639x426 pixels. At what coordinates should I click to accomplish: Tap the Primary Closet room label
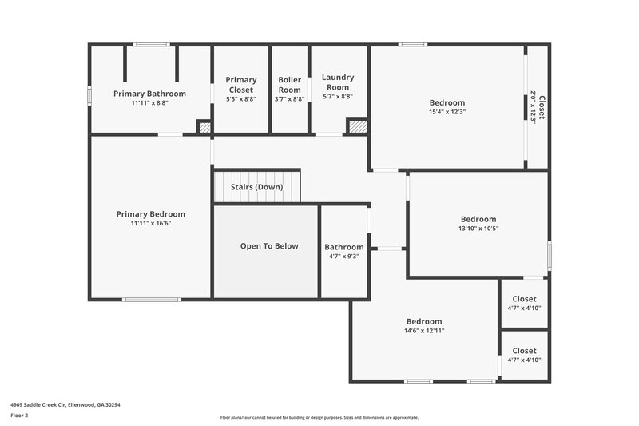point(241,84)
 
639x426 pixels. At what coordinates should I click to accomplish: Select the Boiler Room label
point(289,84)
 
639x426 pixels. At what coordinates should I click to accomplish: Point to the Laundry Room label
point(338,82)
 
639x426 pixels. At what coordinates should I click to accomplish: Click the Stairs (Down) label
point(256,187)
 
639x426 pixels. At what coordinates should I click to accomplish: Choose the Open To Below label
point(269,246)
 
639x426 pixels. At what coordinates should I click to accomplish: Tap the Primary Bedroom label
point(151,214)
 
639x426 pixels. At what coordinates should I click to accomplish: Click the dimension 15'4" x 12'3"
point(447,112)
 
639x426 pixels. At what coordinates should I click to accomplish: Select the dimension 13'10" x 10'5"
point(478,229)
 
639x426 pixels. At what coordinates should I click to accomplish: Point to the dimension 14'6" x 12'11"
point(424,331)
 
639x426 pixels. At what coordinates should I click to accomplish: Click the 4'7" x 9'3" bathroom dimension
point(344,257)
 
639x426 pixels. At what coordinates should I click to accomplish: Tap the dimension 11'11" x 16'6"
point(151,224)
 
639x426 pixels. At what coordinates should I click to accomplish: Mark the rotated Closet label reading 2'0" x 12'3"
point(538,107)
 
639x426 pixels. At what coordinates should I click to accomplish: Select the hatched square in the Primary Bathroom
point(204,126)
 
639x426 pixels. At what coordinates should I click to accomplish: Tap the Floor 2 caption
point(20,416)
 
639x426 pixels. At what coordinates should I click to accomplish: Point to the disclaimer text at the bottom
point(319,417)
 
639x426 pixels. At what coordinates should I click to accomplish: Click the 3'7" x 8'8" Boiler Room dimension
point(289,99)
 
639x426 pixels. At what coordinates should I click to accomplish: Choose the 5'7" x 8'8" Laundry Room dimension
point(338,97)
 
